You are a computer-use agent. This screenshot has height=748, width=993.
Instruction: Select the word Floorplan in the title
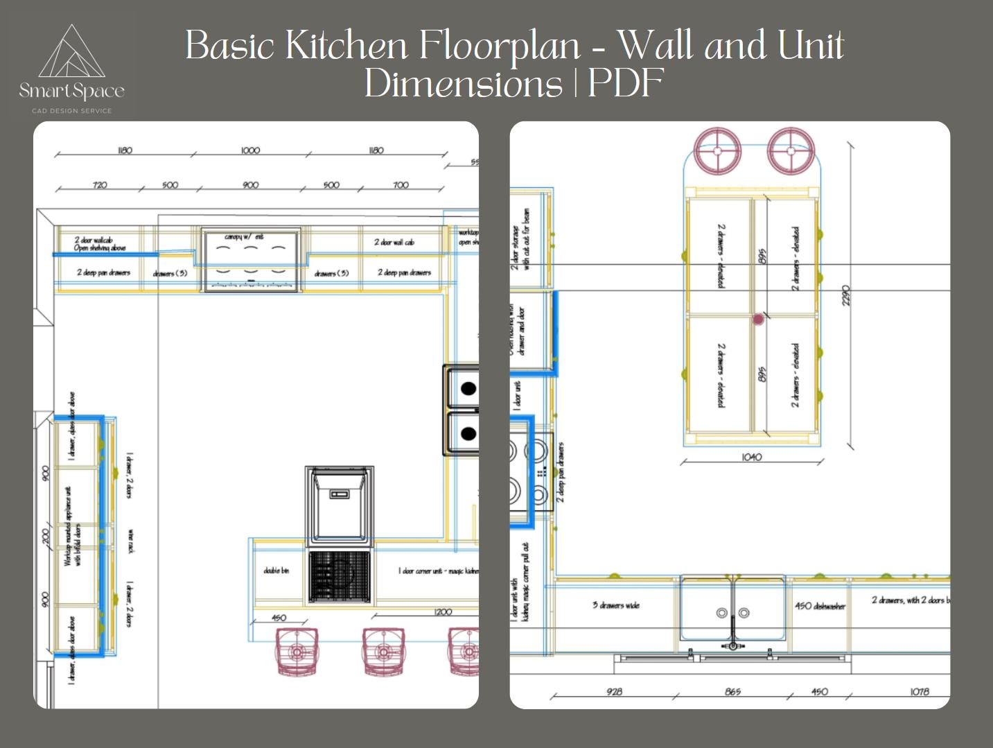coord(499,46)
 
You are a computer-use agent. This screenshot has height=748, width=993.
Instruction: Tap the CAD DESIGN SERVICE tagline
coord(71,111)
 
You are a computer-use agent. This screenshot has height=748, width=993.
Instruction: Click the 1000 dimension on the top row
coord(250,150)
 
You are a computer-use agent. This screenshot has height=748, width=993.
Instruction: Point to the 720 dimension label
coord(100,185)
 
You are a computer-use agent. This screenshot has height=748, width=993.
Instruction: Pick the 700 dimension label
coord(401,185)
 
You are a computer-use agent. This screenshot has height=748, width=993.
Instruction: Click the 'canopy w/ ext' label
coord(244,237)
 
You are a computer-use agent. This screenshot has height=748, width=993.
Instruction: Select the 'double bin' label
coord(276,571)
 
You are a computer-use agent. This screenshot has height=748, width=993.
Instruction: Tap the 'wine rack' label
coord(130,541)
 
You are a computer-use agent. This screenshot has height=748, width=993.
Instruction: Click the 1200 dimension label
coord(443,612)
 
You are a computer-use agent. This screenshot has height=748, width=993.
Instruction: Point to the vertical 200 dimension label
coord(46,537)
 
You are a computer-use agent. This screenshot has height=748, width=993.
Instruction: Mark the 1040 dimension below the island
coord(751,458)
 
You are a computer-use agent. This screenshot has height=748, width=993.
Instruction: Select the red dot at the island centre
coord(758,320)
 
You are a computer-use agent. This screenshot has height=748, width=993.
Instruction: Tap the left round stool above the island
coord(718,150)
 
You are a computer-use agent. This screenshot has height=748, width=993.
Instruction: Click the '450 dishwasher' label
coord(820,606)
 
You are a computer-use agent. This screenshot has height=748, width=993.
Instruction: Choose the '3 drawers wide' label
coord(615,605)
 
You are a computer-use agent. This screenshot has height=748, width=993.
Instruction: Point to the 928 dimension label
coord(614,692)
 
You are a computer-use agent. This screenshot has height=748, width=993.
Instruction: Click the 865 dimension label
coord(732,692)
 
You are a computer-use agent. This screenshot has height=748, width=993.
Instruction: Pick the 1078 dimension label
coord(919,692)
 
